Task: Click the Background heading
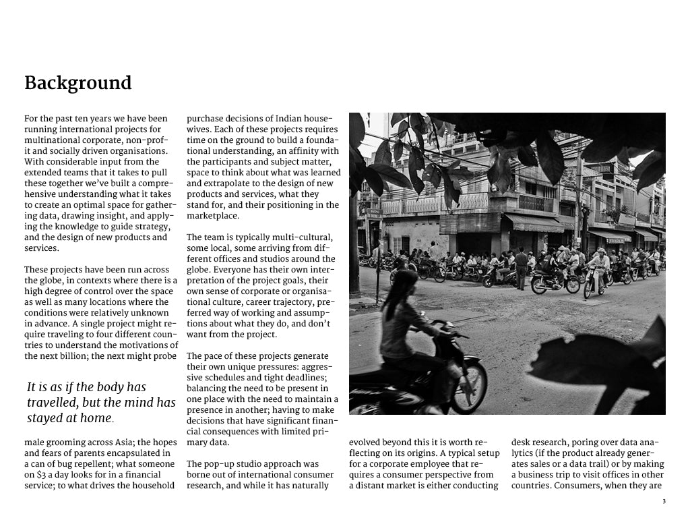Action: click(78, 83)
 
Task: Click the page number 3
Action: click(664, 502)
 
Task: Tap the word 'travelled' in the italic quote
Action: click(57, 403)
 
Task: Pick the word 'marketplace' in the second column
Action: click(212, 216)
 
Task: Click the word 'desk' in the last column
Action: click(521, 442)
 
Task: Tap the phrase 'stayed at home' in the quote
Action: click(69, 418)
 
